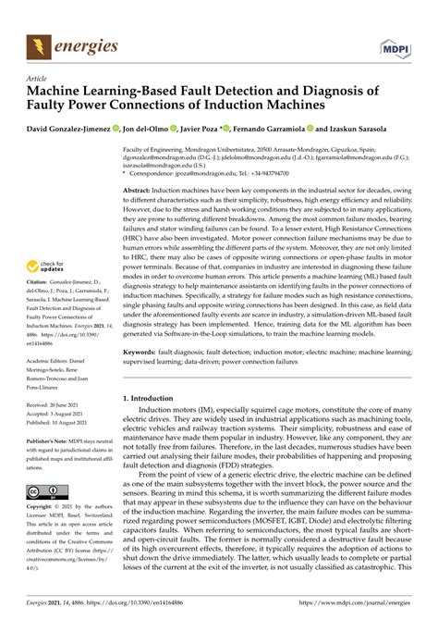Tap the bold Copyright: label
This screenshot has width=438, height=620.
pyautogui.click(x=42, y=508)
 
